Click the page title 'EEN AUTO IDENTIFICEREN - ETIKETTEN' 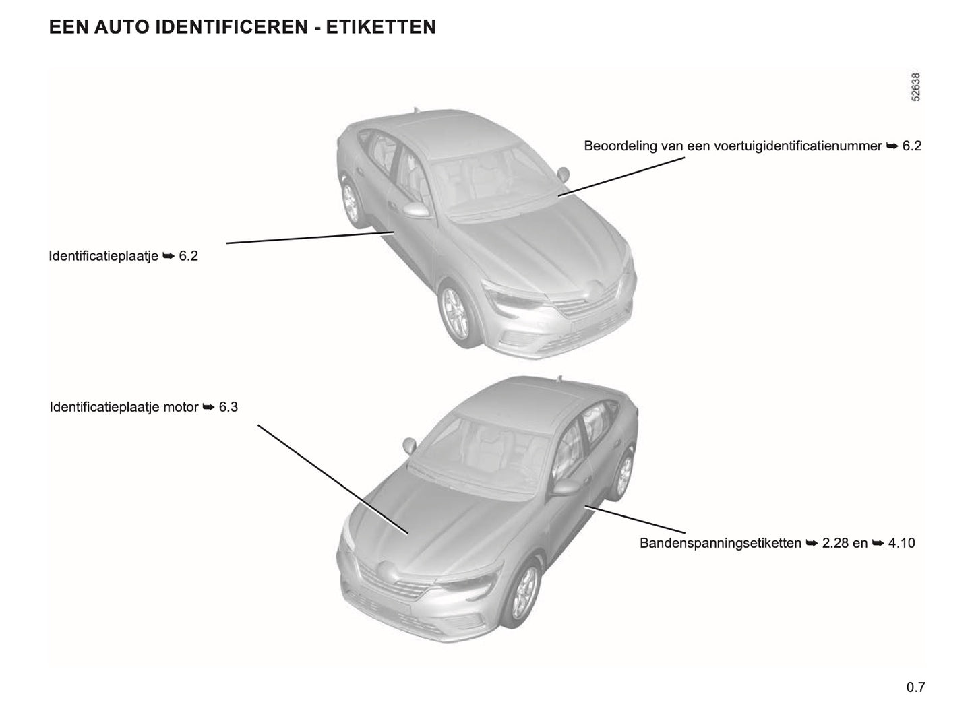(x=242, y=28)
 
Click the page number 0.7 (x=915, y=687)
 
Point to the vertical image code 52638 (x=915, y=88)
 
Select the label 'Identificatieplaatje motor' (x=124, y=408)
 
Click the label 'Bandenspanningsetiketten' (x=720, y=543)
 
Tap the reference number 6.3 (x=229, y=408)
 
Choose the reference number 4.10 (x=901, y=543)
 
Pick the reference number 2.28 (x=836, y=543)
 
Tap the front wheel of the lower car (x=524, y=593)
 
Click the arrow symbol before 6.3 (x=208, y=408)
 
